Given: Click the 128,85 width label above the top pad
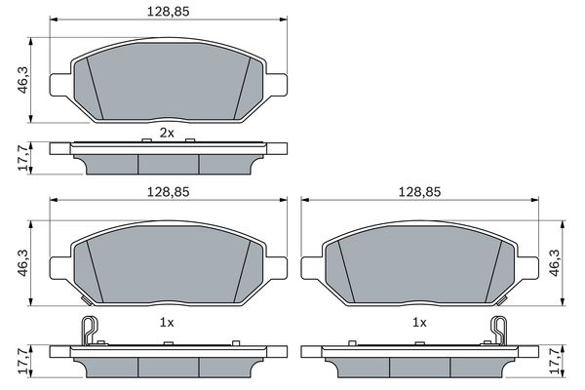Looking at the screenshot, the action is (x=169, y=11).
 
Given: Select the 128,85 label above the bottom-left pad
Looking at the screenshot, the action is (x=169, y=192).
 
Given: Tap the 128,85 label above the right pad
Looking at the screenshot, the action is (x=419, y=192).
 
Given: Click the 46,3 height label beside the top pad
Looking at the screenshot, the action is (x=23, y=80).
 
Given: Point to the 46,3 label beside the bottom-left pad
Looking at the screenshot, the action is (x=23, y=263).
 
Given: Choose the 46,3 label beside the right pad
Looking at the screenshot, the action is (x=555, y=263).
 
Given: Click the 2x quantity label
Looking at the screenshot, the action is (x=167, y=133).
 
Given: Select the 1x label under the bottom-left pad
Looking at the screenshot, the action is (x=167, y=323).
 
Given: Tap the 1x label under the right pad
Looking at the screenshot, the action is (x=419, y=323).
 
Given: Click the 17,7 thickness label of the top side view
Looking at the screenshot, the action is (x=23, y=158).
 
